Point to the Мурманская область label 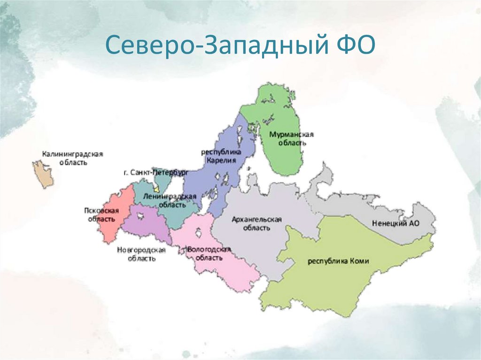coord(291,138)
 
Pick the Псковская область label coord(101,215)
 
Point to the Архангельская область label coord(256,224)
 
